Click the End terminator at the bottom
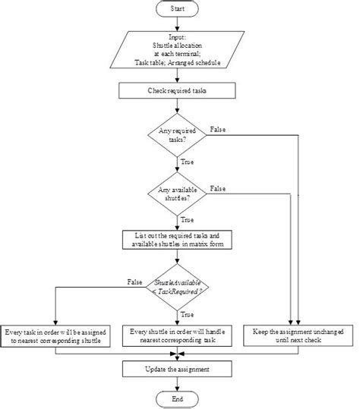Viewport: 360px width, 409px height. tap(176, 398)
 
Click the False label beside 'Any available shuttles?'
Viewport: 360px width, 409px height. tap(218, 187)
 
